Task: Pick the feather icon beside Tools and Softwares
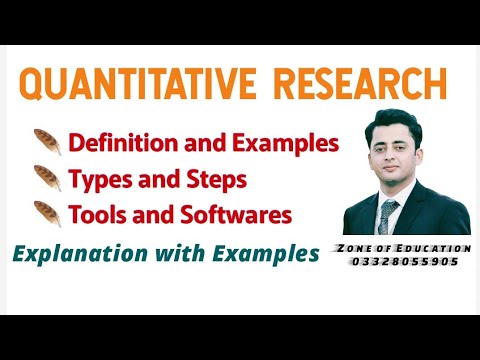(x=46, y=214)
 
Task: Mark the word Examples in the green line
(x=264, y=254)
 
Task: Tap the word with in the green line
(x=177, y=254)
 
